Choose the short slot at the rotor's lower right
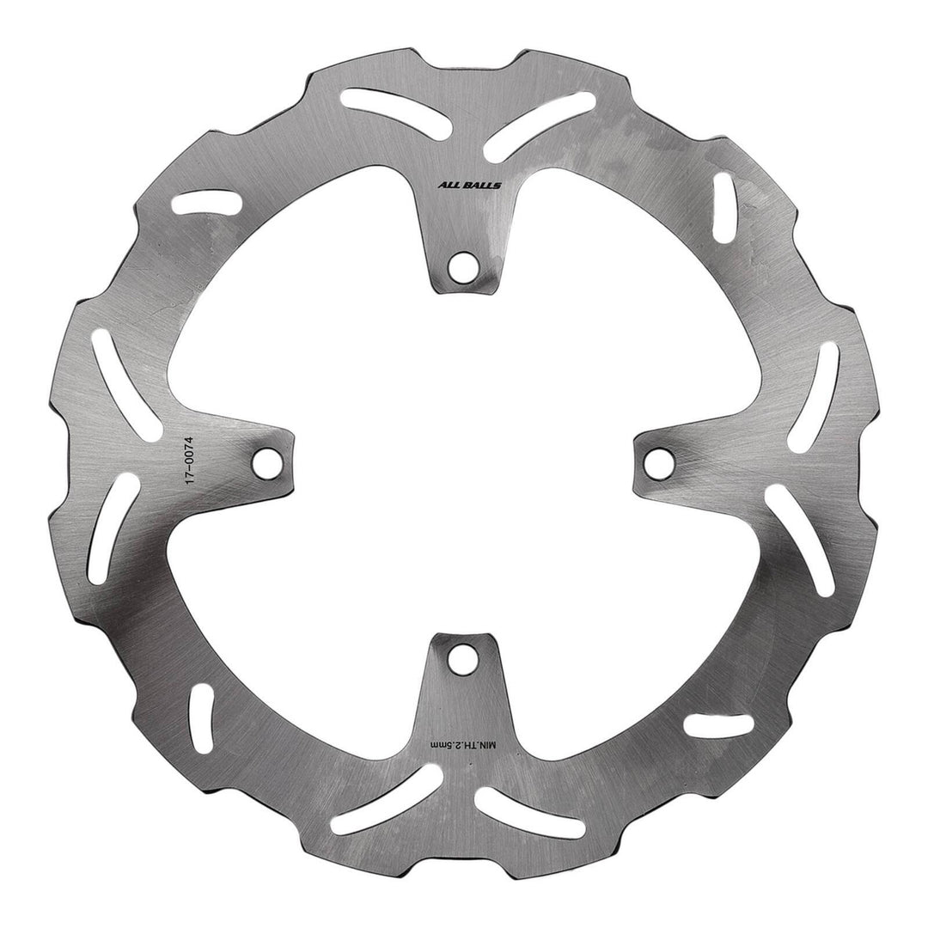click(717, 723)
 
